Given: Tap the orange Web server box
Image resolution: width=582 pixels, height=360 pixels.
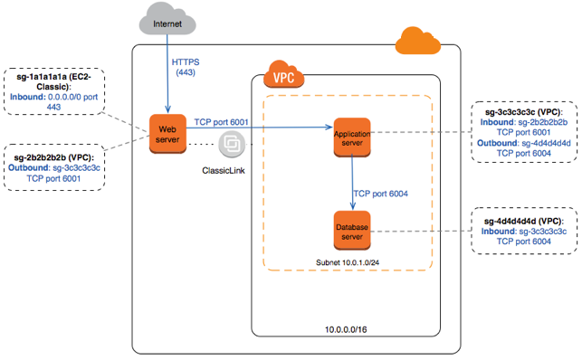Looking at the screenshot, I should [x=168, y=132].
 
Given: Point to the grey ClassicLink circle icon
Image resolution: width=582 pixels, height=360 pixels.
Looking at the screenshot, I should [x=230, y=144].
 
